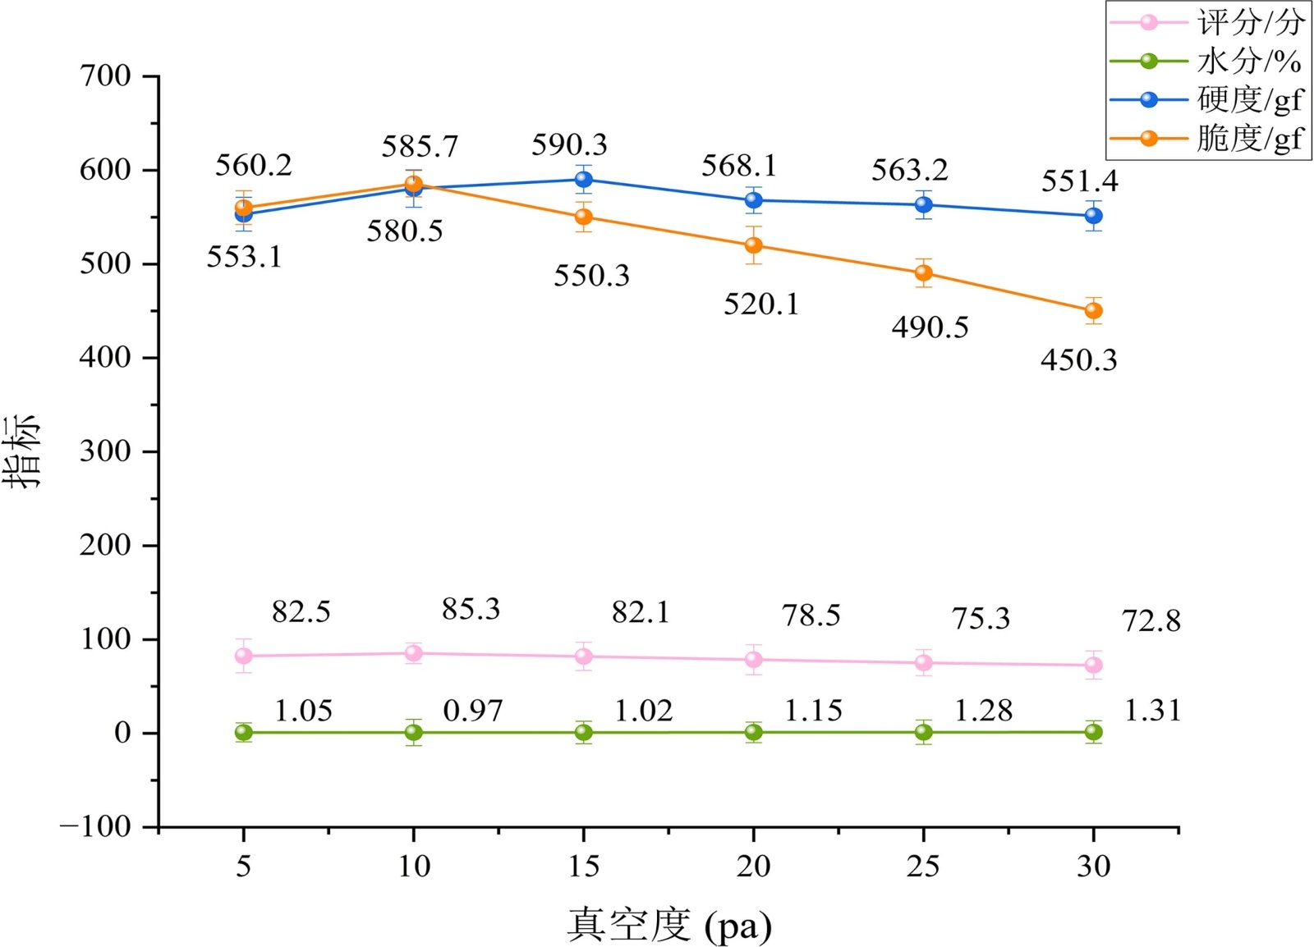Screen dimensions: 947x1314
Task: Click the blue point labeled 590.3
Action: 583,180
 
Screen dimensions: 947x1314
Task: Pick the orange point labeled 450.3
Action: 1093,311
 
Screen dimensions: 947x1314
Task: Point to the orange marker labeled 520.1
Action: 753,245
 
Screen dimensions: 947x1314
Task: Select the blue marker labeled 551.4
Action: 1093,216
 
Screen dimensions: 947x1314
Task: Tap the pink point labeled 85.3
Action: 413,653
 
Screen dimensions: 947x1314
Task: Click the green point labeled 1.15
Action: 753,732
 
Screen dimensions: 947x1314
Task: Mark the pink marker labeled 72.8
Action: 1093,665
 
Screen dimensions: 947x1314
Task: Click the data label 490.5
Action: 930,327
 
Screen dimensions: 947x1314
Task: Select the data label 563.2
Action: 909,171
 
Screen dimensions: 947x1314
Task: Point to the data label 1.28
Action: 983,711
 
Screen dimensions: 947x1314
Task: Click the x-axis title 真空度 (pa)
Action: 668,925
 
